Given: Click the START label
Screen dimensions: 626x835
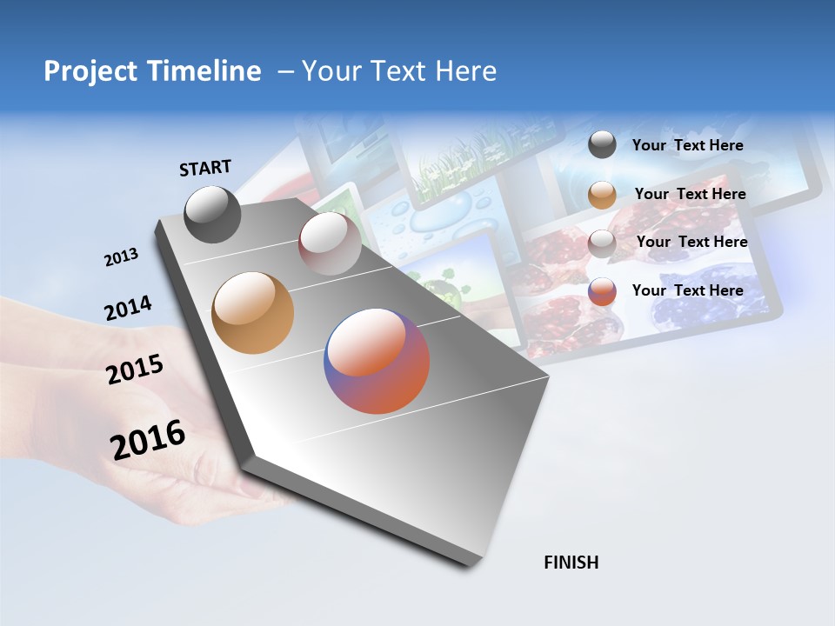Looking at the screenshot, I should [205, 168].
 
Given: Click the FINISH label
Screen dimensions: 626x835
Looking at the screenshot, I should [571, 563].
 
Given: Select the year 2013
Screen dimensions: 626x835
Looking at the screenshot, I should [121, 257].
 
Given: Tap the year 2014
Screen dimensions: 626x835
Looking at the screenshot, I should [128, 309].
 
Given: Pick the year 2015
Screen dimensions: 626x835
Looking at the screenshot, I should [135, 370].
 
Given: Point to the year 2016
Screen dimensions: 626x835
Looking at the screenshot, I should [148, 440].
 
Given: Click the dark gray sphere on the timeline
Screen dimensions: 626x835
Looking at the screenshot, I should [212, 215].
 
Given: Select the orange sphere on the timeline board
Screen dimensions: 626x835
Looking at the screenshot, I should [252, 313].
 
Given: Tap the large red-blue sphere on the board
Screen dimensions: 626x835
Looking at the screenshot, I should [377, 361].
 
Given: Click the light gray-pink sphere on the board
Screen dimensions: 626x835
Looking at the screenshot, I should [330, 243].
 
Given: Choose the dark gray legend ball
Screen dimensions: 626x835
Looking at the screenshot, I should [602, 145].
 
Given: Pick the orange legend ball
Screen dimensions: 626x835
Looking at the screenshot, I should [602, 195].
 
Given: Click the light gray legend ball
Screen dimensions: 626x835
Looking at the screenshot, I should [602, 243].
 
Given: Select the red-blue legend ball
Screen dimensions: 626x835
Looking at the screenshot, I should [602, 291].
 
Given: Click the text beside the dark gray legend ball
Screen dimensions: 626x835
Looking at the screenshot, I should [687, 146].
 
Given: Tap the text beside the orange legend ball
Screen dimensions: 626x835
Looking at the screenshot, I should [690, 194].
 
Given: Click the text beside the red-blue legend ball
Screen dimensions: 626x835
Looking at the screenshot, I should [687, 290].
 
